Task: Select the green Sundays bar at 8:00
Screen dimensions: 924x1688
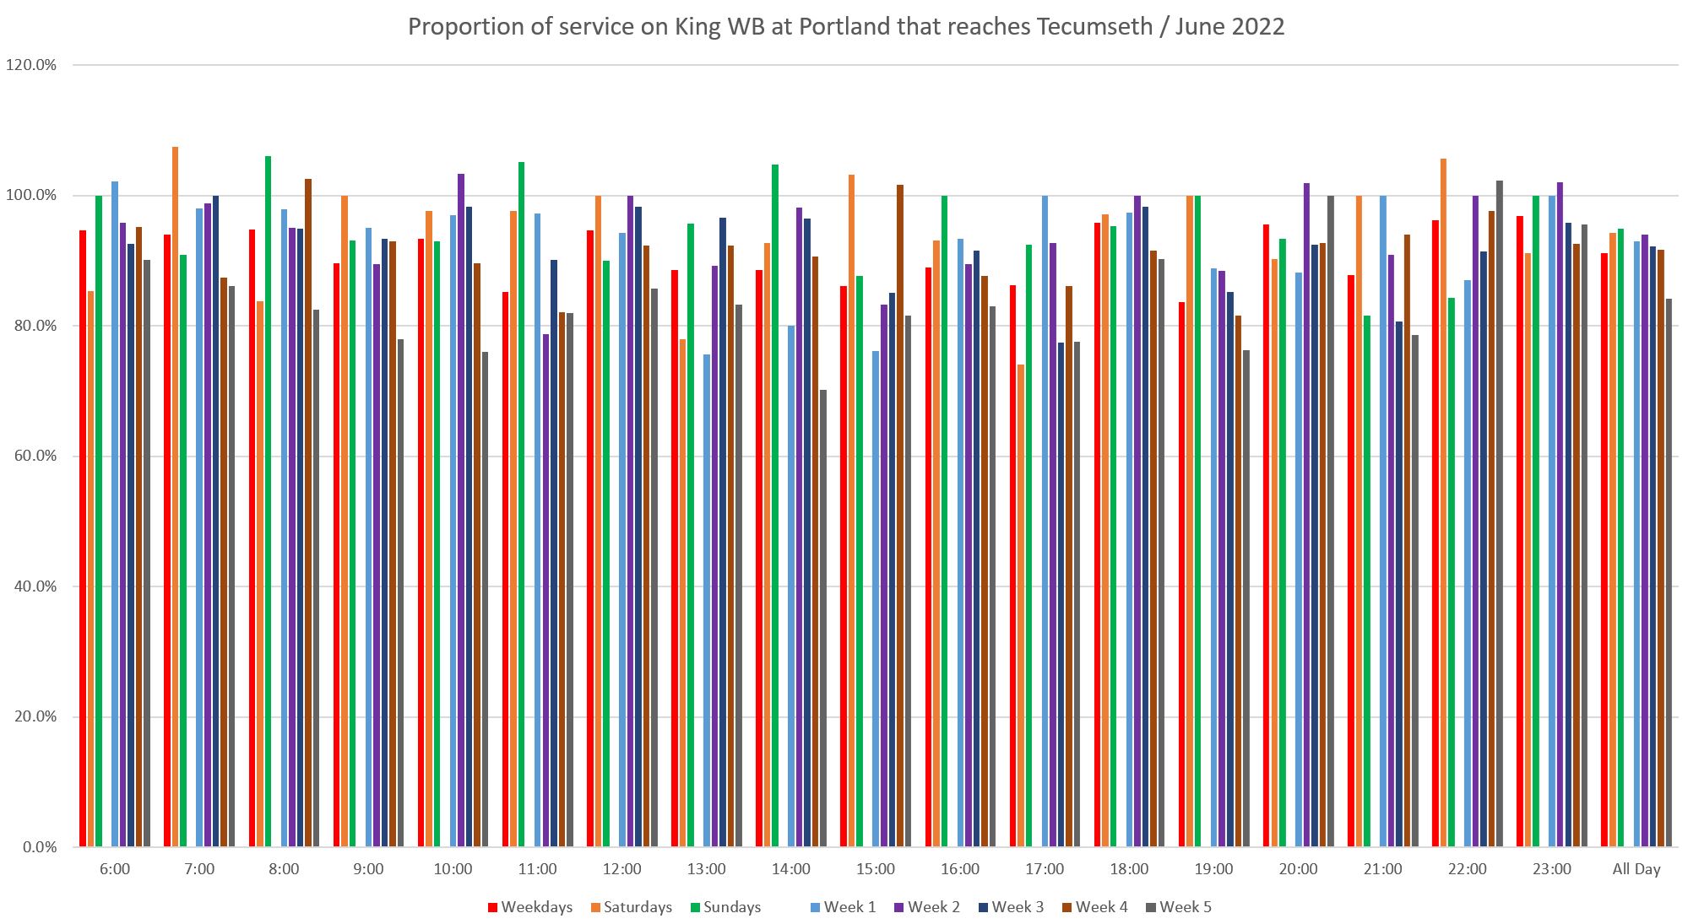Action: click(268, 501)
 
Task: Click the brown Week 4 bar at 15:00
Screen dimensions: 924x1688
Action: click(899, 515)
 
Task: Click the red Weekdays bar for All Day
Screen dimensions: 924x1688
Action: click(1604, 549)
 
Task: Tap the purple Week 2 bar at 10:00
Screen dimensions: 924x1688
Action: click(461, 510)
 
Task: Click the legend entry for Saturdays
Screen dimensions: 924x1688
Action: click(629, 907)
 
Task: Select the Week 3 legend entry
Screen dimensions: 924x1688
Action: click(1010, 907)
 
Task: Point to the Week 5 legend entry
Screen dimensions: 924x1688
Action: click(1178, 907)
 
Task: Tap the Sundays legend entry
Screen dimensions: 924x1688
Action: click(725, 907)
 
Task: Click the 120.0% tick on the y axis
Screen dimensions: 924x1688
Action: click(31, 65)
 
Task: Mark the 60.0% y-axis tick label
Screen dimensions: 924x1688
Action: click(34, 457)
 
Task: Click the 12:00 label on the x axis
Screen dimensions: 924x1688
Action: click(622, 869)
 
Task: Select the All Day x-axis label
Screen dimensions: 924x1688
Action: click(1636, 869)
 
